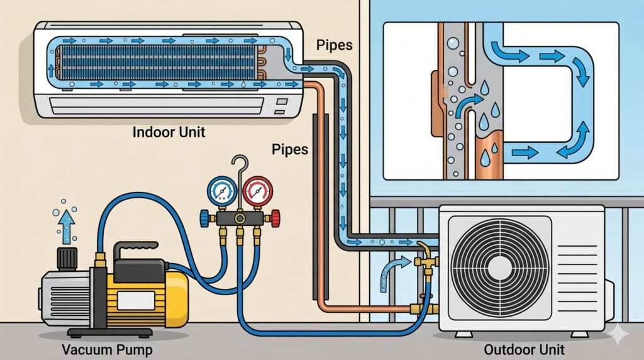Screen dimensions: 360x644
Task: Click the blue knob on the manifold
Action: pyautogui.click(x=205, y=218)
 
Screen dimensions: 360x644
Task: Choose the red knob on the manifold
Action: pyautogui.click(x=275, y=218)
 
